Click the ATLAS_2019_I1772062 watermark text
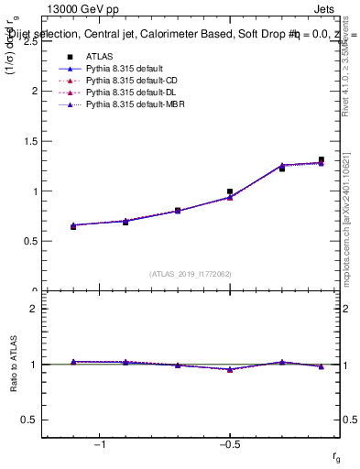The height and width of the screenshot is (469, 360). click(x=191, y=273)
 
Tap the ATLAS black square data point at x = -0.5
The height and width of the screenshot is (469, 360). click(x=230, y=191)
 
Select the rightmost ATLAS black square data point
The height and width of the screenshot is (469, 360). click(x=321, y=159)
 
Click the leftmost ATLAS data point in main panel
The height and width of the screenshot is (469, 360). click(x=73, y=226)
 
